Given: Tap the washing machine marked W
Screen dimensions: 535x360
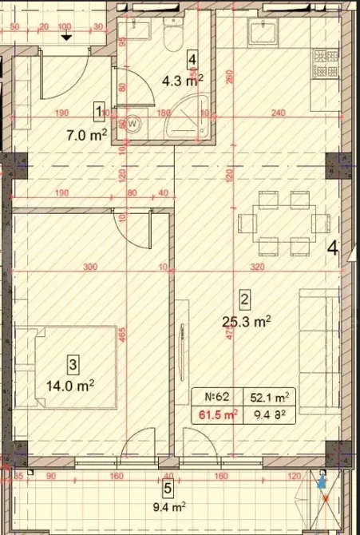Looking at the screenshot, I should (133, 124).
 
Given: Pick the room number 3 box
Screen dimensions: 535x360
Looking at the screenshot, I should (73, 366).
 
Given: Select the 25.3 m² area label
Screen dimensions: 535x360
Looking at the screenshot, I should (246, 321).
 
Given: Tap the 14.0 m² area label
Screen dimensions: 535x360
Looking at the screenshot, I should (73, 384).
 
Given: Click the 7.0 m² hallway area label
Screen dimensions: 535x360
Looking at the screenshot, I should (88, 136).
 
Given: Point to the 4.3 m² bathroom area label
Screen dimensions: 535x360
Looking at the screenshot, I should (182, 79).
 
